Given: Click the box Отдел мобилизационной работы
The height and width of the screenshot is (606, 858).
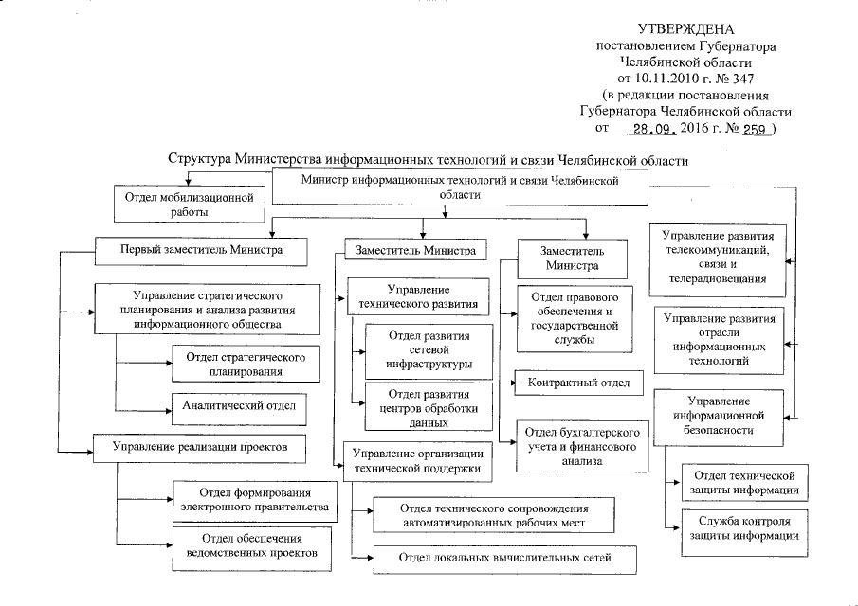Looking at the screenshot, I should [187, 205].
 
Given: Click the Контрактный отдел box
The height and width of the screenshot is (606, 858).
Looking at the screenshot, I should [578, 383].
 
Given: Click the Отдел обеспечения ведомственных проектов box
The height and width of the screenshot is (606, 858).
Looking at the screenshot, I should [251, 546].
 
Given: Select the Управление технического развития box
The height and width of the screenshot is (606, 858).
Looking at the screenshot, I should [418, 298].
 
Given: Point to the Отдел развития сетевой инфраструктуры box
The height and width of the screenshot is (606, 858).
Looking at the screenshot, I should [429, 349].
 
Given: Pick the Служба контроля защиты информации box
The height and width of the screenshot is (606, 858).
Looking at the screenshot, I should [741, 528].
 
